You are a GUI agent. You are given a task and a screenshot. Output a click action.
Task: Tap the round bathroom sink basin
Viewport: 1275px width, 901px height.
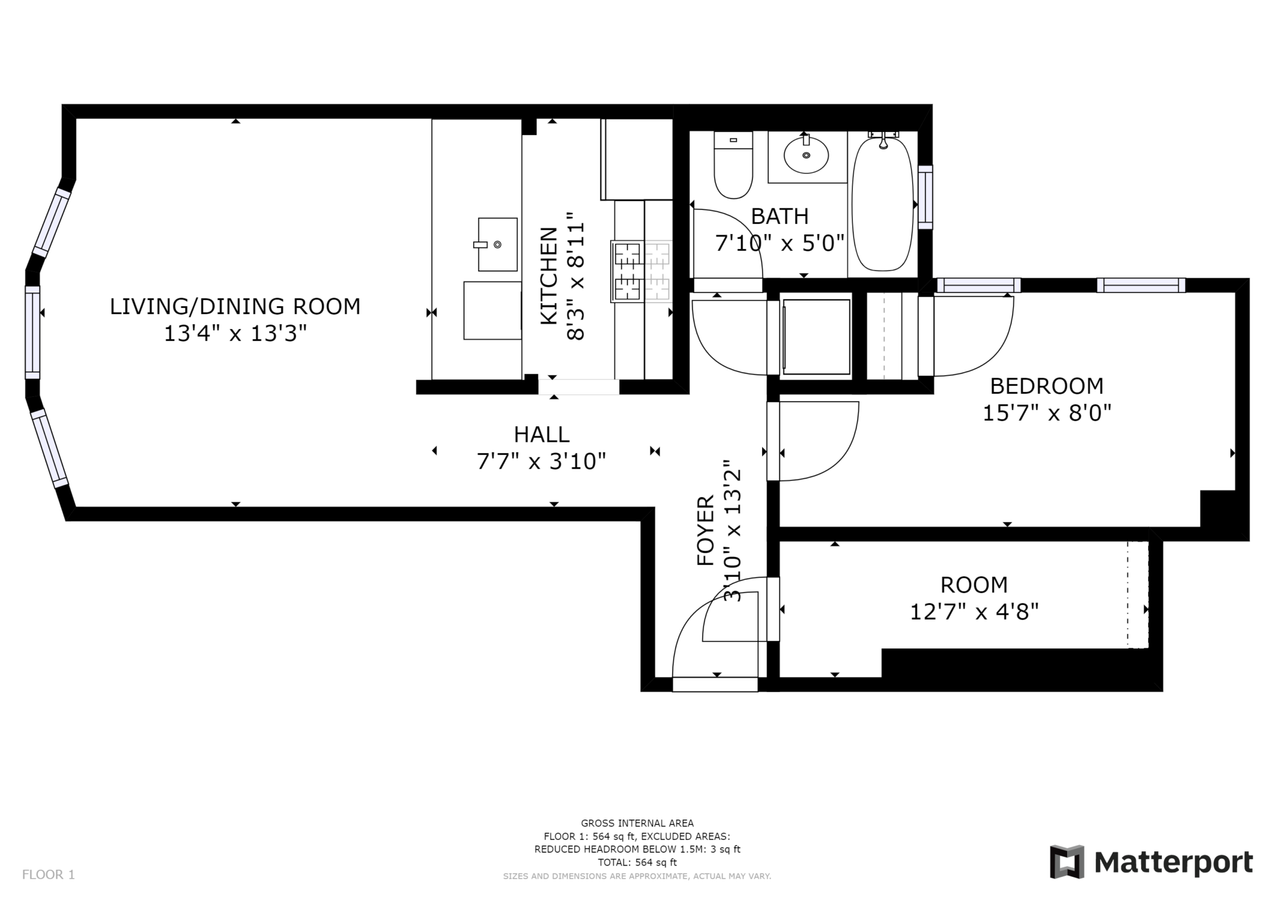(x=806, y=155)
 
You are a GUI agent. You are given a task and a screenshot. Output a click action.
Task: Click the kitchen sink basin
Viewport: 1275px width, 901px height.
(x=497, y=244)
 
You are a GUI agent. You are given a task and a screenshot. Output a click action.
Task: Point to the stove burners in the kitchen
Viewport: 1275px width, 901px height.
(x=642, y=272)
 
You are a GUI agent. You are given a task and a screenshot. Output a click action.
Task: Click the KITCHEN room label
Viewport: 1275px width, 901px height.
(x=548, y=276)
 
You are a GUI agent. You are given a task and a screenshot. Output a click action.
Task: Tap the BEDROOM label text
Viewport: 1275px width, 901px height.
(x=1047, y=386)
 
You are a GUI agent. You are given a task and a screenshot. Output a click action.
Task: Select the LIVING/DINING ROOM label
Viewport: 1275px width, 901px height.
(x=235, y=307)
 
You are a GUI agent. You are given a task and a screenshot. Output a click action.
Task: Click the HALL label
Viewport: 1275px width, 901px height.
(x=542, y=434)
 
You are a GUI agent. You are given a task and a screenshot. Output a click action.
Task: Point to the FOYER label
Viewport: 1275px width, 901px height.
(x=705, y=530)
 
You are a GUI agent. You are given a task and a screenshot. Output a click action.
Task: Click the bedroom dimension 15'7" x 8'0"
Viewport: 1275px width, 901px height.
(x=1047, y=413)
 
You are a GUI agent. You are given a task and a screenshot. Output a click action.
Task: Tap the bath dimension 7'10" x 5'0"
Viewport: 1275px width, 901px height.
(x=779, y=243)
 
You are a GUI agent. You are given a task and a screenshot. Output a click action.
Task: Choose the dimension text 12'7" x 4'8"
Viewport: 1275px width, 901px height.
(x=974, y=612)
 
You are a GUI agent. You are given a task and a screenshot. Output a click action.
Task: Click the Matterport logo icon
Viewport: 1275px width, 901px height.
(x=1067, y=862)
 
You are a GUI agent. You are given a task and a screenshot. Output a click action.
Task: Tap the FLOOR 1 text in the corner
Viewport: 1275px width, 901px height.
(x=49, y=875)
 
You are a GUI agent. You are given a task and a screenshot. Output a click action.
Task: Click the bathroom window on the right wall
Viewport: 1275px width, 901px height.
(x=926, y=197)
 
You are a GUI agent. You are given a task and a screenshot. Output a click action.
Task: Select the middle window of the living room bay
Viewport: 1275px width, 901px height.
(x=32, y=332)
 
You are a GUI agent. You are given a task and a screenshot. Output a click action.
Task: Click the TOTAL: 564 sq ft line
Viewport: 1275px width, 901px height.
(x=637, y=862)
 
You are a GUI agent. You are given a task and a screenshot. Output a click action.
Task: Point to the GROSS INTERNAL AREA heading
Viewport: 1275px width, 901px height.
(x=637, y=823)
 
